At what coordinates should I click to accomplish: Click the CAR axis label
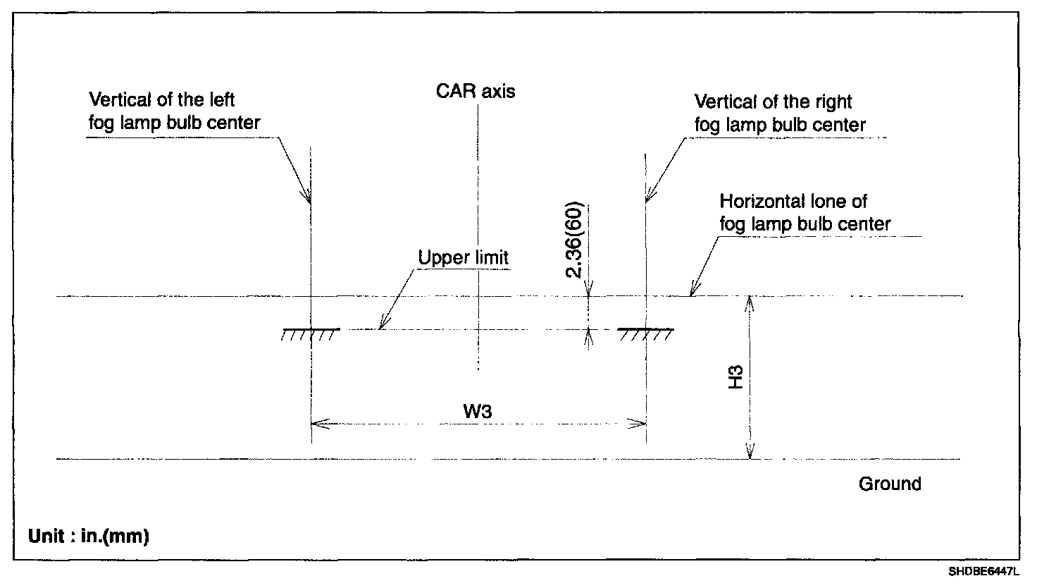pos(476,92)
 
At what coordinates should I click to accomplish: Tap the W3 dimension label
pos(477,412)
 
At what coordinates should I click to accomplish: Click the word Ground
pos(890,484)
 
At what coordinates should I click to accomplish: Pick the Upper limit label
pos(463,258)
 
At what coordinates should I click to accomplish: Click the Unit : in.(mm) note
pos(89,537)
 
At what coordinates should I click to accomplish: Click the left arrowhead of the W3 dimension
pos(316,424)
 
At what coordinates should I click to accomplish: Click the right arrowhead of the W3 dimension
pos(640,424)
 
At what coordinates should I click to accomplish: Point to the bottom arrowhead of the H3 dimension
pos(750,454)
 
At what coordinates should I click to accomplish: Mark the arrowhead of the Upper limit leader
pos(381,326)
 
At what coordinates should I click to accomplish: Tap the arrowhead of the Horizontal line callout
pos(693,291)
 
